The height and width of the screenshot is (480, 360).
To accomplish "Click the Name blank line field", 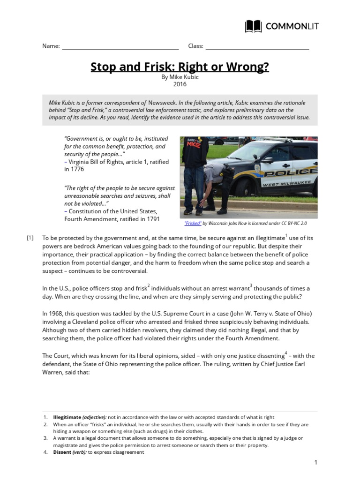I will point(120,46).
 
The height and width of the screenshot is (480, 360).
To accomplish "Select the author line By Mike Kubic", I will point(180,77).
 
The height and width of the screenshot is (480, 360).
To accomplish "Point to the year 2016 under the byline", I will point(180,84).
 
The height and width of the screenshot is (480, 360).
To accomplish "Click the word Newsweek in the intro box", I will point(163,102).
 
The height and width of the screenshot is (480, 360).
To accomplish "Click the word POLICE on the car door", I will point(281,174).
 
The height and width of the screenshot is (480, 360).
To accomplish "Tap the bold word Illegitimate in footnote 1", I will point(67,417).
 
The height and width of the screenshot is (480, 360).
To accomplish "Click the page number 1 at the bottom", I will point(316,463).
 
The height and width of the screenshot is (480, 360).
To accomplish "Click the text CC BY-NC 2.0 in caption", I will point(297,224).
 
